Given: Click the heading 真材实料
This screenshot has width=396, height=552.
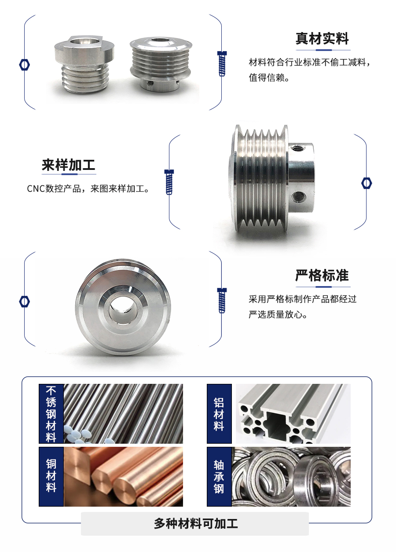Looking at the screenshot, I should pyautogui.click(x=322, y=39).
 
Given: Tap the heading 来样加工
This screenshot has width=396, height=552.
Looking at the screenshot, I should pyautogui.click(x=69, y=165).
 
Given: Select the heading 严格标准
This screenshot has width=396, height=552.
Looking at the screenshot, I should pyautogui.click(x=322, y=276).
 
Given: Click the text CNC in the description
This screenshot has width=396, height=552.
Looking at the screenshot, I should pyautogui.click(x=36, y=189).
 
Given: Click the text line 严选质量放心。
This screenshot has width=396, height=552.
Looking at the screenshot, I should pyautogui.click(x=278, y=315).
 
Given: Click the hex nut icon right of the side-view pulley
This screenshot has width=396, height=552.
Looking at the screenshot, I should pyautogui.click(x=367, y=183).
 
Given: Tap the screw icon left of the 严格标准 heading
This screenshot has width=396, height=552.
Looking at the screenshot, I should pyautogui.click(x=222, y=300).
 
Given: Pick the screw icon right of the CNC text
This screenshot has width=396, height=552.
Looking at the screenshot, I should pyautogui.click(x=169, y=181).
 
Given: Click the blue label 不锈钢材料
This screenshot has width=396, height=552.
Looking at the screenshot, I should pyautogui.click(x=51, y=414).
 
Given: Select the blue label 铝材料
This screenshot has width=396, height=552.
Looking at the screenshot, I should pyautogui.click(x=219, y=414).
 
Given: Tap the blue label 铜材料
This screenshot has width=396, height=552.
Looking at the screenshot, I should pyautogui.click(x=51, y=476).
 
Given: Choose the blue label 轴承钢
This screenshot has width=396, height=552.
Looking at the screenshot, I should pyautogui.click(x=219, y=476).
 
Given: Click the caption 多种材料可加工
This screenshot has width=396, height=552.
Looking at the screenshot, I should pyautogui.click(x=195, y=523).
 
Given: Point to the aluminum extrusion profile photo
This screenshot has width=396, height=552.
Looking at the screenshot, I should pyautogui.click(x=293, y=414).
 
